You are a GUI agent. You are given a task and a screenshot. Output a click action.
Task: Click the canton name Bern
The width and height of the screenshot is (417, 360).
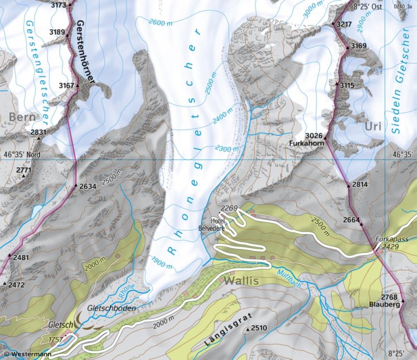pyautogui.click(x=22, y=117)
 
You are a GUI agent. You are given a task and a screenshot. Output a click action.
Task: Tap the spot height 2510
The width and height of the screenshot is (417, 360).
pyautogui.click(x=258, y=328)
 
